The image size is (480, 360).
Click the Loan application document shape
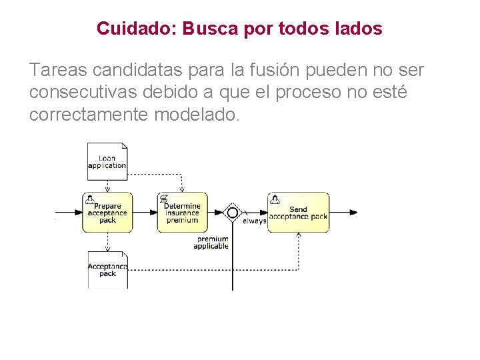(x=107, y=161)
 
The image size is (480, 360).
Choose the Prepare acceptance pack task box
(x=107, y=213)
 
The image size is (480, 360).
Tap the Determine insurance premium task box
(x=182, y=213)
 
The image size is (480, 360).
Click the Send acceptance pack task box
(x=298, y=213)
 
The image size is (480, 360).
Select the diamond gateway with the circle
(x=232, y=213)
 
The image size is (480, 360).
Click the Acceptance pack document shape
(x=107, y=269)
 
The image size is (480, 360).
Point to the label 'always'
(x=254, y=221)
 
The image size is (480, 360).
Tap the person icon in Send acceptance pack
(x=274, y=199)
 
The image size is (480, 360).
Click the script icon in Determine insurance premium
(x=164, y=199)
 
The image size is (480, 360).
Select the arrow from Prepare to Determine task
(x=145, y=213)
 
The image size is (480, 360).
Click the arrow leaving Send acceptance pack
(x=343, y=213)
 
